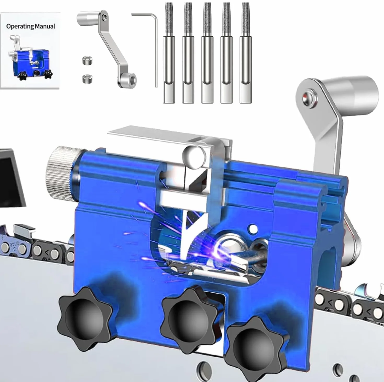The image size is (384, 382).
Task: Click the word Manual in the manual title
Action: coord(45,26)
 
